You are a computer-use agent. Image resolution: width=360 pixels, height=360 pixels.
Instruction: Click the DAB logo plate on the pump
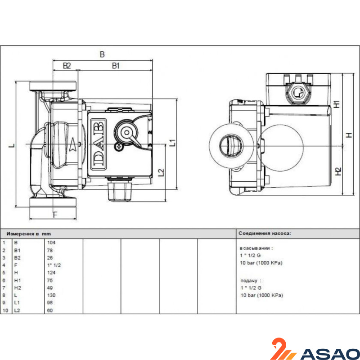coord(98,144)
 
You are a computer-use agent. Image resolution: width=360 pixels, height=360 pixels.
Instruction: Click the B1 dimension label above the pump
coord(116,66)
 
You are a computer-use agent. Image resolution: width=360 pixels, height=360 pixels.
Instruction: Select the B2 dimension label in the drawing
coord(67,66)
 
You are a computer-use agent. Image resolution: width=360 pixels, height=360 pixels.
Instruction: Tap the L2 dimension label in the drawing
coord(162,173)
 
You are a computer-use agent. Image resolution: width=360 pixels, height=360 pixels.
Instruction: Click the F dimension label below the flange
coord(55,215)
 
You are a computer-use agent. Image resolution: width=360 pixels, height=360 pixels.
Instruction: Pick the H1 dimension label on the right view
coord(337,104)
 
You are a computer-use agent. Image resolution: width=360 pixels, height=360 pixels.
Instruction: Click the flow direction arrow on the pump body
coord(73,145)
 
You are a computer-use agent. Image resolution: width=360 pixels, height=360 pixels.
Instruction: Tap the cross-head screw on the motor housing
coord(119,147)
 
